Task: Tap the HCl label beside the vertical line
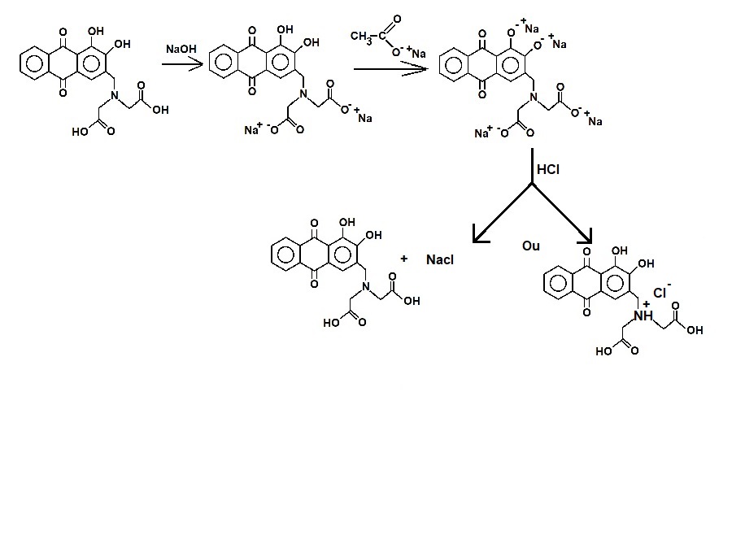(548, 170)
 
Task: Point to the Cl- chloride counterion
(661, 292)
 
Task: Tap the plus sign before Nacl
(403, 259)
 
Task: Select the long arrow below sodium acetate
(390, 69)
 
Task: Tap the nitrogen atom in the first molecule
(112, 98)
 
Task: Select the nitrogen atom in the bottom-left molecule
(366, 289)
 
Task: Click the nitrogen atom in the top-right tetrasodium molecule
(534, 98)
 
